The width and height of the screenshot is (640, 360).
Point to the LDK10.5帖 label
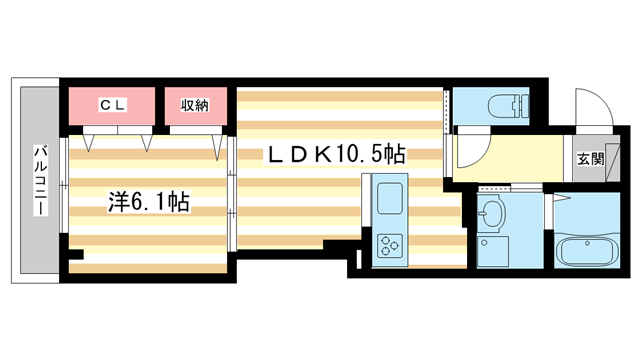click(335, 154)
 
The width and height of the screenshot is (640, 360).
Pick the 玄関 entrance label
click(590, 158)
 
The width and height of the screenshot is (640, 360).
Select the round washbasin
click(490, 213)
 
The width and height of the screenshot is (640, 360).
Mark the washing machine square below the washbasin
click(491, 251)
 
